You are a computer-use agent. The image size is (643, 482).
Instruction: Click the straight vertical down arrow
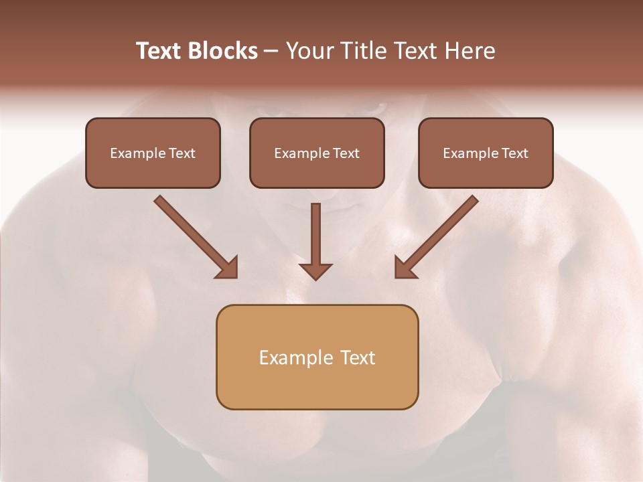(315, 238)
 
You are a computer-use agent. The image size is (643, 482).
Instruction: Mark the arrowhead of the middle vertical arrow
(315, 270)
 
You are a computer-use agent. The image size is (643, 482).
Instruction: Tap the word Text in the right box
(515, 153)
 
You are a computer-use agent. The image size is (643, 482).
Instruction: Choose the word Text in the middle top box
(346, 153)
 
